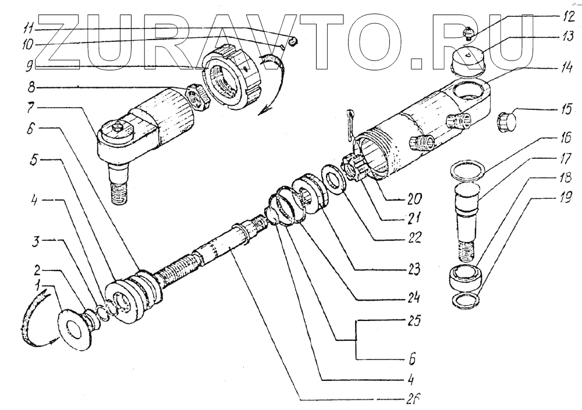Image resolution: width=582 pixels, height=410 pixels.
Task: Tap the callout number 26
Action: [412, 400]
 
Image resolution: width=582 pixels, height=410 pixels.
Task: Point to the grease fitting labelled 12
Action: [467, 33]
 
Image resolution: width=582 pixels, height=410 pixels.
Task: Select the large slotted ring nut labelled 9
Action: [236, 81]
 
